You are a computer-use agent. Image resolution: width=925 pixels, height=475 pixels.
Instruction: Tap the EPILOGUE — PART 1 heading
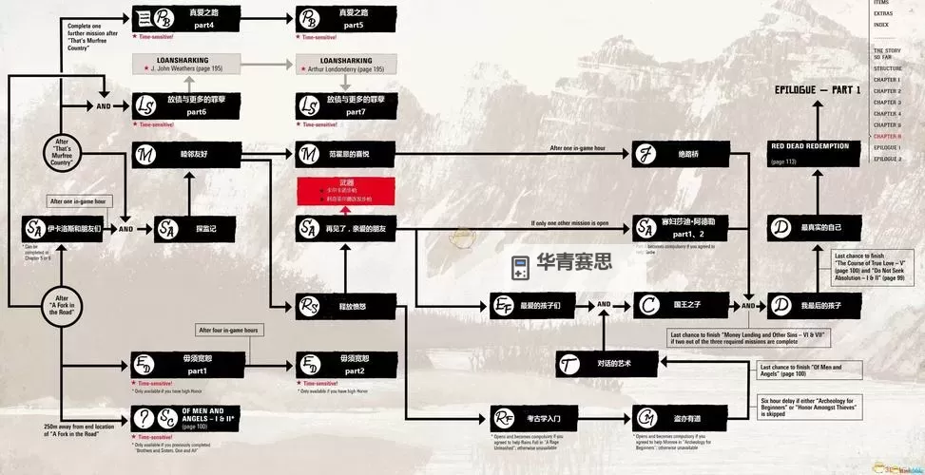[x=817, y=90]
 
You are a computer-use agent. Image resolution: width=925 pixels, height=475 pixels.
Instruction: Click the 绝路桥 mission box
[x=671, y=154]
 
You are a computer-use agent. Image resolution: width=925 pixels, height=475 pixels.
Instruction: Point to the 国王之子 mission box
[x=671, y=305]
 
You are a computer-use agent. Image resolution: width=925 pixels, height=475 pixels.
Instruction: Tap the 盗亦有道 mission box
[x=671, y=418]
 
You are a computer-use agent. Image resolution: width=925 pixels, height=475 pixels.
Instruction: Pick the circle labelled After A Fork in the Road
[x=63, y=306]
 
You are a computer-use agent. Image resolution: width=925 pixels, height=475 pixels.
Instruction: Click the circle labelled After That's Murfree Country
[x=63, y=152]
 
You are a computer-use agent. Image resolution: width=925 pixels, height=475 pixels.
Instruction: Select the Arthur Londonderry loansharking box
[x=346, y=64]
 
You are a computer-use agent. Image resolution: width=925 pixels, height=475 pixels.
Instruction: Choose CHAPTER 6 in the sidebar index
[x=887, y=136]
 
